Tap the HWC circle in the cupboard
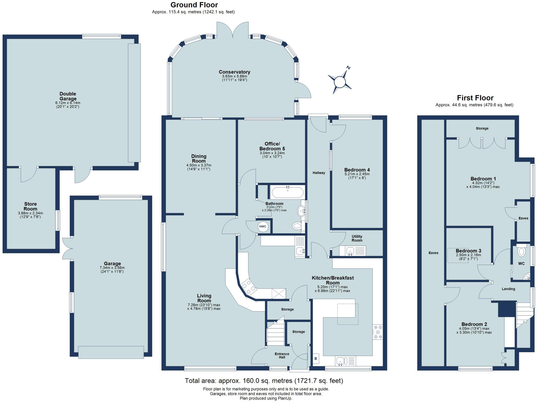pos(263,227)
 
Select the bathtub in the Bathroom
pos(287,193)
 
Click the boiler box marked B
pos(316,359)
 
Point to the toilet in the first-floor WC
pos(521,252)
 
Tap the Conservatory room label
pos(234,72)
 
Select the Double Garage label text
pos(68,96)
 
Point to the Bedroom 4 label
pos(357,170)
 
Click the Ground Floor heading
pos(194,5)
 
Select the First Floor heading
pos(475,98)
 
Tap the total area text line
pos(264,380)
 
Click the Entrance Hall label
pos(282,356)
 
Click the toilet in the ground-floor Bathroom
pos(297,226)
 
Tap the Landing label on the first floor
pos(508,289)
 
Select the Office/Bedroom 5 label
pos(272,146)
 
